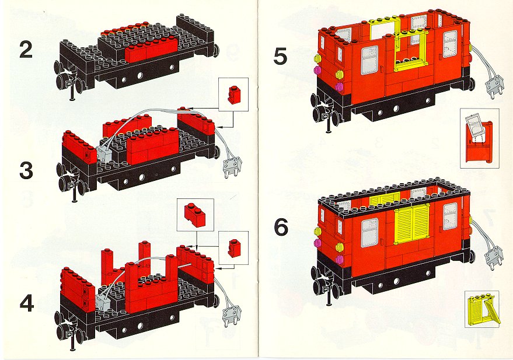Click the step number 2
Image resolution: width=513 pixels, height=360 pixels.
click(x=26, y=50)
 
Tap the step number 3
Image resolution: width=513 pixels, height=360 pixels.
click(x=26, y=171)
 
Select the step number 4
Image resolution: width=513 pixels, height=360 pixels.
click(x=27, y=303)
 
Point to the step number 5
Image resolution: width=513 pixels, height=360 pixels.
click(x=280, y=56)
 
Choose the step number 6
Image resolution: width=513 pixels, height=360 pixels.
click(x=281, y=227)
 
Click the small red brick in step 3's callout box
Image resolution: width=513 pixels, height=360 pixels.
click(x=233, y=95)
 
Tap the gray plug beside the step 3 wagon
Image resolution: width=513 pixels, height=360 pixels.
click(x=232, y=166)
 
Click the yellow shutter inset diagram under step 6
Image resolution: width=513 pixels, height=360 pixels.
click(x=482, y=308)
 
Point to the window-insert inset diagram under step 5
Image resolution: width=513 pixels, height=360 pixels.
click(x=479, y=138)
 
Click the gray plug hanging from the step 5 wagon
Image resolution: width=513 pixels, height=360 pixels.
click(x=494, y=86)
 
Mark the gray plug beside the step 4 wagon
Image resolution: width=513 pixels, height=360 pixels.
click(x=232, y=315)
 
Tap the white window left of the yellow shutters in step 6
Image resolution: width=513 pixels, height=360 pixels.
click(x=369, y=232)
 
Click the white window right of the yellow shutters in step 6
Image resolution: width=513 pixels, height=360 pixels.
click(x=450, y=216)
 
